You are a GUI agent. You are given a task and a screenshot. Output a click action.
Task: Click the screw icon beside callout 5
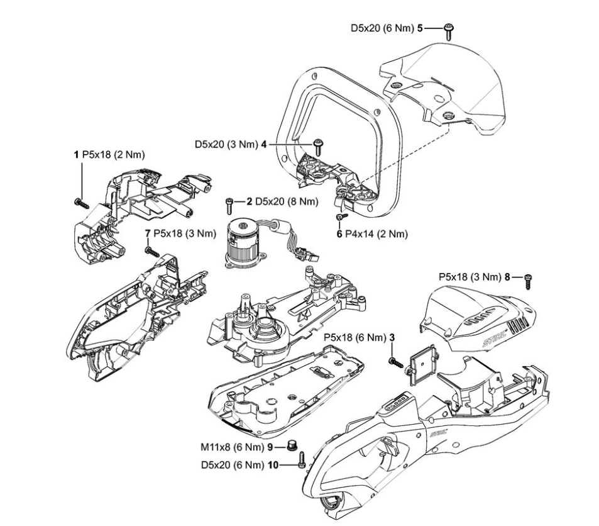click(449, 30)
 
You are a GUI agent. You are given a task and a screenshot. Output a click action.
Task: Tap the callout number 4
click(265, 144)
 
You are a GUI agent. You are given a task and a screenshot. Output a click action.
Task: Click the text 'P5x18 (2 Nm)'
click(106, 154)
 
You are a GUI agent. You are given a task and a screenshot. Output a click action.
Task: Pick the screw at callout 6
click(339, 217)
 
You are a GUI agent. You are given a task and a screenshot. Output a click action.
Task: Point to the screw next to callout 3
click(395, 361)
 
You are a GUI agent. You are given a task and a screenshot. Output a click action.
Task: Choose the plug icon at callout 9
click(292, 447)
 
